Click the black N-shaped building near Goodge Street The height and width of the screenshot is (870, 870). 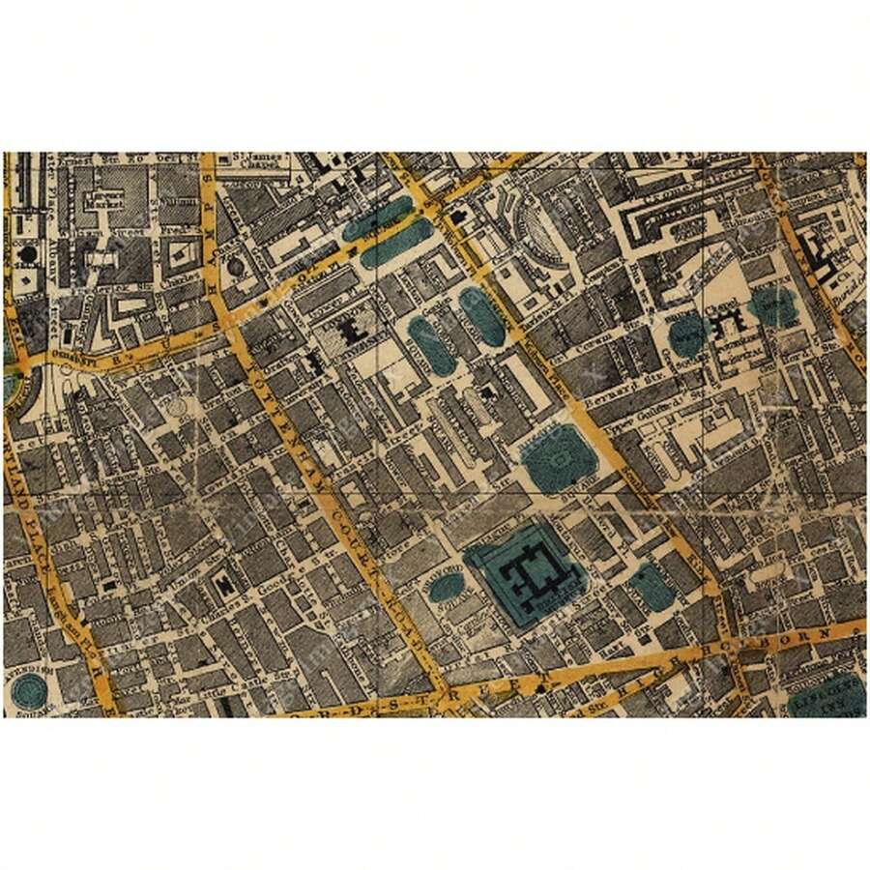[x=224, y=583]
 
